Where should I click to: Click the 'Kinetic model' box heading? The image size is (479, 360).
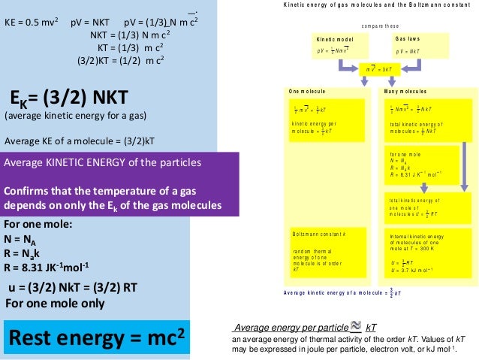(x=334, y=39)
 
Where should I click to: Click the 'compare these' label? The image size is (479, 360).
(x=380, y=25)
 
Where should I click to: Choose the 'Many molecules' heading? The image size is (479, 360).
(x=405, y=91)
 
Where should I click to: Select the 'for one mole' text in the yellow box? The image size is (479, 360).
(x=406, y=155)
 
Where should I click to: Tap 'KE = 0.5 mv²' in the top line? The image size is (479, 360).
(x=32, y=22)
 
